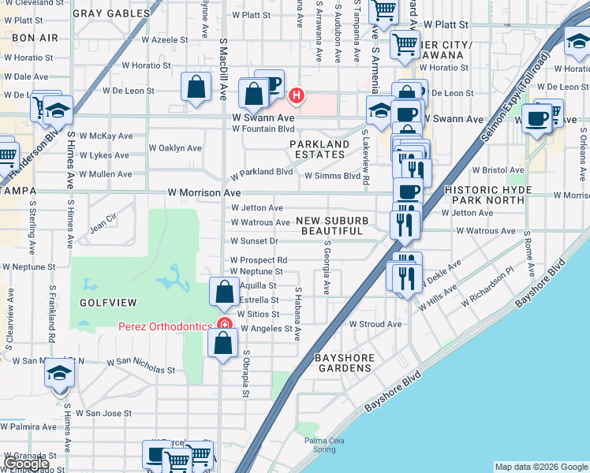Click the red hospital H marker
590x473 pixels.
(x=296, y=96)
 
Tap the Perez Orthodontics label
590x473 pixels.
(x=165, y=326)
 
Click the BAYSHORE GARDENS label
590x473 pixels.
(x=345, y=363)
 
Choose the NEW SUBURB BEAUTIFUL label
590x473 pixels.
(x=332, y=225)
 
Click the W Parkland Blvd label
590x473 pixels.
(x=261, y=171)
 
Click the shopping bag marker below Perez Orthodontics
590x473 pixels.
(x=223, y=342)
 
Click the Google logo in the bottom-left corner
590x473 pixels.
(x=25, y=464)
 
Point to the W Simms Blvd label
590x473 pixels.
(x=332, y=176)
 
